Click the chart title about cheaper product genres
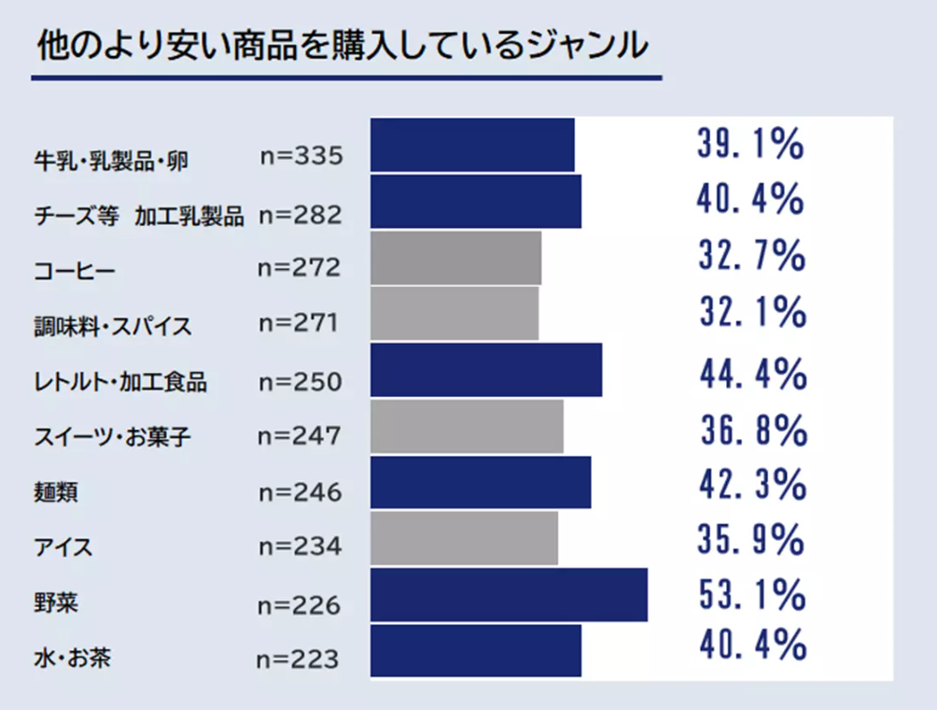(341, 45)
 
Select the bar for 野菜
(509, 595)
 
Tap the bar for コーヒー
(455, 258)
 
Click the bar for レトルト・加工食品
(486, 370)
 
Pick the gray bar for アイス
(464, 539)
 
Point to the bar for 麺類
(481, 483)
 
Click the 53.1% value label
(751, 593)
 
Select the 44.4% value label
(752, 374)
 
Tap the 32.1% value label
(751, 311)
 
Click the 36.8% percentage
(752, 430)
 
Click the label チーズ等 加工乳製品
(138, 217)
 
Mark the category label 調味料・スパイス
(112, 327)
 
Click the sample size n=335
(301, 155)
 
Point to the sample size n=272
(299, 269)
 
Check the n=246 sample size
(299, 492)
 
